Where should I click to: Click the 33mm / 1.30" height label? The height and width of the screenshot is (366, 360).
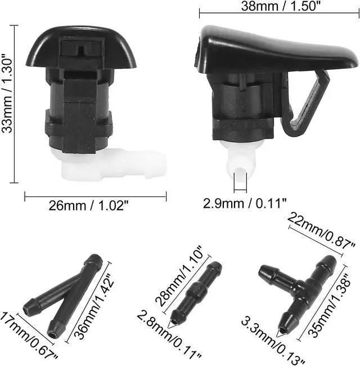point(7,94)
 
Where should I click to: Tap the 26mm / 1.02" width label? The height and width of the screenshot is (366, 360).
point(89,206)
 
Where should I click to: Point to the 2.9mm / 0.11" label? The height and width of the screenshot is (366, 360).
point(245,203)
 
